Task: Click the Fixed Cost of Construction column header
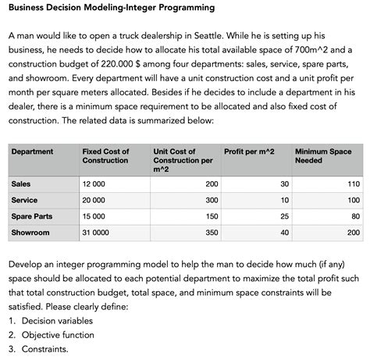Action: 105,155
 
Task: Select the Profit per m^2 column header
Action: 249,151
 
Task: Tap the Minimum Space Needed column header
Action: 323,155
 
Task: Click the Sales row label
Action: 21,184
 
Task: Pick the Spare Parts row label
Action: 32,216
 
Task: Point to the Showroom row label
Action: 30,233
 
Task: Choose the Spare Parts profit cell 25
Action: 284,216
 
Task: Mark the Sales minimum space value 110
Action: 354,184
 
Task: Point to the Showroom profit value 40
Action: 284,233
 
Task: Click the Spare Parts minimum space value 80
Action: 356,216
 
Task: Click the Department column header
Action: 32,151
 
